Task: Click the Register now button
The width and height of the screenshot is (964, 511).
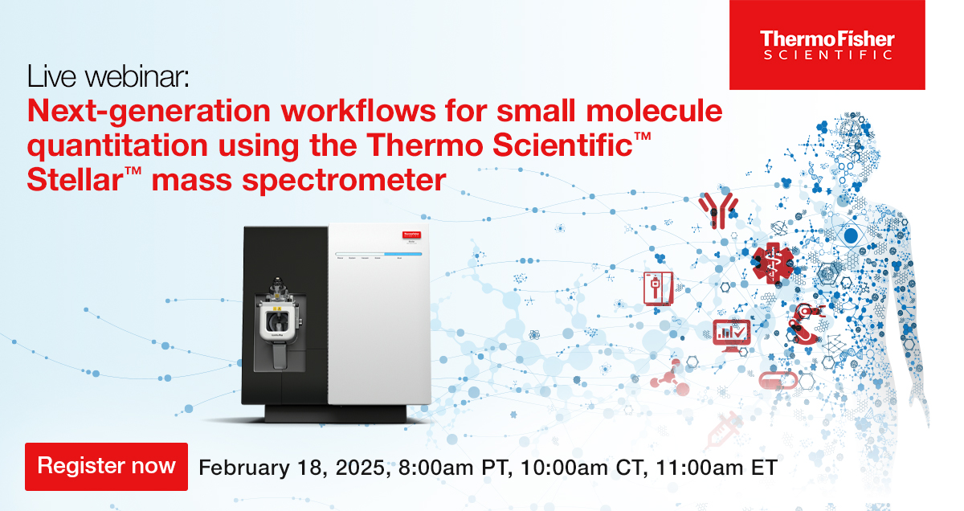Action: [x=106, y=466]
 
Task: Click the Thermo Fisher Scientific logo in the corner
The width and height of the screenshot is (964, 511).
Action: [x=827, y=45]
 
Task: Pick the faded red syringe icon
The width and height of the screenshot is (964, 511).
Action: [x=723, y=430]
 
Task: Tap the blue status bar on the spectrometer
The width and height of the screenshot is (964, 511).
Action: [x=378, y=254]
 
